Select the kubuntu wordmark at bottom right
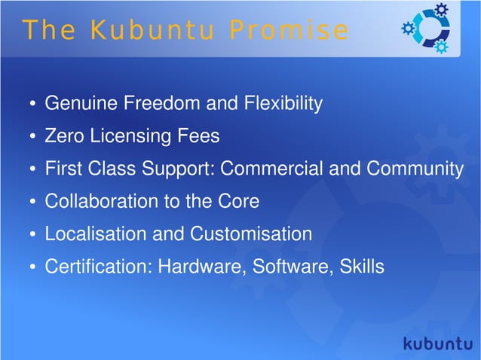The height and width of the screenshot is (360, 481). tap(437, 343)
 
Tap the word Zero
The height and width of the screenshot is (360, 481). tap(65, 136)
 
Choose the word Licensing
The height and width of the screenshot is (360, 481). tap(133, 136)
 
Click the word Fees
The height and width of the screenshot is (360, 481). tap(200, 136)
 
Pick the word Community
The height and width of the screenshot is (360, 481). tap(415, 169)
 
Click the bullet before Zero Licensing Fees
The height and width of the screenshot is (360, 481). tap(32, 137)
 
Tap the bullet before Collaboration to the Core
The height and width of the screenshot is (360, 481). tap(32, 203)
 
